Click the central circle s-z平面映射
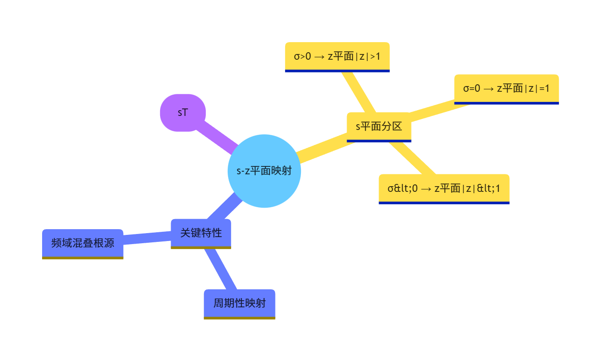(x=264, y=171)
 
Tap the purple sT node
(x=183, y=112)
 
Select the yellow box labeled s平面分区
(x=379, y=126)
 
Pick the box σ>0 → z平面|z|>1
(x=337, y=56)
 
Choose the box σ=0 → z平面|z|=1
(x=506, y=88)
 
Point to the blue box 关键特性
(x=201, y=233)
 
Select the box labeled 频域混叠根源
(x=82, y=243)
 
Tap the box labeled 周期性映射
(x=240, y=303)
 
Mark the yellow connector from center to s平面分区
(x=325, y=148)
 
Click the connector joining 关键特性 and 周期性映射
(x=220, y=269)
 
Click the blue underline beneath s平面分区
(x=379, y=141)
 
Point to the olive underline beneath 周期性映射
(x=240, y=318)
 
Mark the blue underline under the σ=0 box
(x=506, y=103)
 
